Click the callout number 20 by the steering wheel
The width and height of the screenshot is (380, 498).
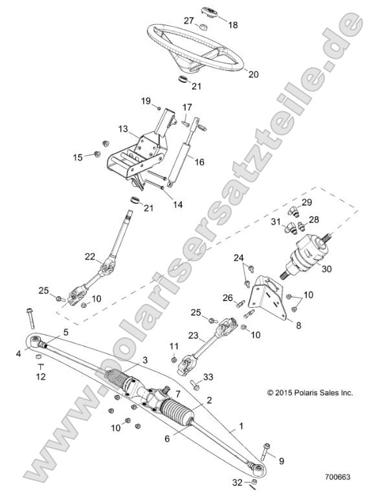[x=253, y=74]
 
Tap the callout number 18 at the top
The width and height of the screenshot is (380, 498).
[x=233, y=25]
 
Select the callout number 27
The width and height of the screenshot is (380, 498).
[x=189, y=21]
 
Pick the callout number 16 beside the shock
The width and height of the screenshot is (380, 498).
[x=199, y=162]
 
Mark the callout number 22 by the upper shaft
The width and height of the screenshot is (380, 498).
[x=108, y=257]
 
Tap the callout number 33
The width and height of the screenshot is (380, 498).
[x=208, y=377]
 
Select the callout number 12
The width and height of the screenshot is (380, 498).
[x=40, y=376]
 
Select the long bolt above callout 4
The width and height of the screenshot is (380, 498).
[x=30, y=318]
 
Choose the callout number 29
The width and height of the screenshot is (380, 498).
[x=307, y=202]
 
